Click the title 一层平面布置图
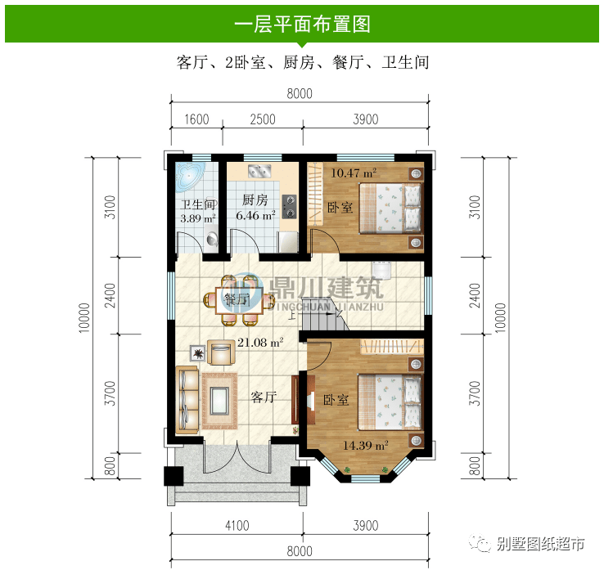302,24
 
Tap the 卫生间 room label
197,205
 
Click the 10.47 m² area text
353,173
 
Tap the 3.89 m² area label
197,219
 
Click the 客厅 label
264,398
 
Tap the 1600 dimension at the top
196,119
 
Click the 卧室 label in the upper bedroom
340,208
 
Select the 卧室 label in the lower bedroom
336,401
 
